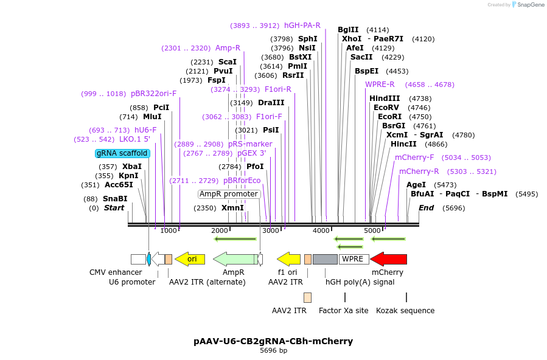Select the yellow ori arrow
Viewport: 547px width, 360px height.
click(x=190, y=259)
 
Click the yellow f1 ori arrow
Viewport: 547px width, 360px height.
click(x=289, y=259)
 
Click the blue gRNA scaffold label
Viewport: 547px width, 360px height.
click(x=122, y=153)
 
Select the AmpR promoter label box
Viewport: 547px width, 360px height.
click(x=229, y=194)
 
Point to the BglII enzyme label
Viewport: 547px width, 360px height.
click(x=348, y=29)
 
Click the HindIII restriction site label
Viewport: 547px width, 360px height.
click(x=385, y=99)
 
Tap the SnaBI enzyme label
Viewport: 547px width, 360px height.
click(x=115, y=199)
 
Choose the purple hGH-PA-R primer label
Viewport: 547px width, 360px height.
click(x=302, y=26)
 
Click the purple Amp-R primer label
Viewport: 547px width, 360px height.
click(x=228, y=48)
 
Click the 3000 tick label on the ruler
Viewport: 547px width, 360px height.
click(x=270, y=230)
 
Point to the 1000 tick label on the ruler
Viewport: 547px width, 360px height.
click(x=169, y=230)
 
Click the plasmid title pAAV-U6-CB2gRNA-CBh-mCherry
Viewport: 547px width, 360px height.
click(x=273, y=341)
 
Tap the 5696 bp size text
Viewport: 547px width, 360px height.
click(x=273, y=351)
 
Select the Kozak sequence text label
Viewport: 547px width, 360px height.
click(x=405, y=311)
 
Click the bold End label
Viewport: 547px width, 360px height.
click(x=426, y=208)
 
